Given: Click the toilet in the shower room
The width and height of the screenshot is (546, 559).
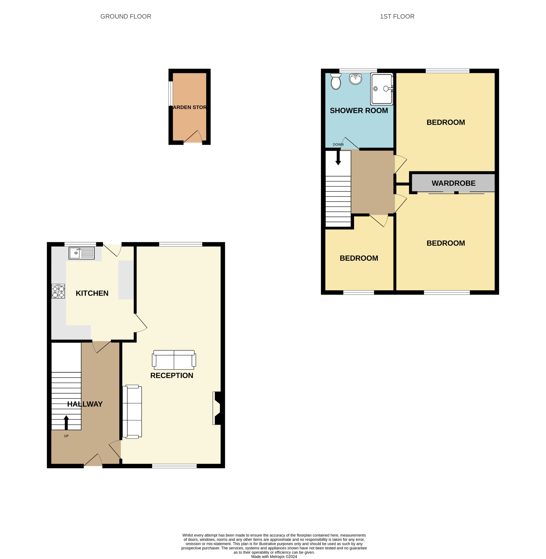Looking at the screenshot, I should [335, 81].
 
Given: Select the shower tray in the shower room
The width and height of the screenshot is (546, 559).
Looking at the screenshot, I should [381, 89].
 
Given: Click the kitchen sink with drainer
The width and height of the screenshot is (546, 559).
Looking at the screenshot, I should [81, 253].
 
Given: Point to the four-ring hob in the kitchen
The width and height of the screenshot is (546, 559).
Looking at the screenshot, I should [58, 291].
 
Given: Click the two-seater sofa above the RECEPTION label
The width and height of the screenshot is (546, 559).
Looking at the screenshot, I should [174, 360].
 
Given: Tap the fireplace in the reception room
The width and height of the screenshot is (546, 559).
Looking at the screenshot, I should [217, 408].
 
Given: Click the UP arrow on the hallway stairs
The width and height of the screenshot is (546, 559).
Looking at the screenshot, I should [66, 423].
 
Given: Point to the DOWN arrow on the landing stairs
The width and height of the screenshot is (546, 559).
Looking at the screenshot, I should [338, 158].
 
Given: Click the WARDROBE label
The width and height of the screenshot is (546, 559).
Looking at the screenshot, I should [453, 183].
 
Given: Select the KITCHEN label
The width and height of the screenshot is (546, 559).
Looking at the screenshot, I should [92, 293].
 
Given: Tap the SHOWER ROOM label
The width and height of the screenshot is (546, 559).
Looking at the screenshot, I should [359, 111].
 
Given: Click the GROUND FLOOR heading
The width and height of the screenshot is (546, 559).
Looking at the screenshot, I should [126, 17].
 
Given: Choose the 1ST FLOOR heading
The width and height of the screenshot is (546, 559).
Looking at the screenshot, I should [397, 17].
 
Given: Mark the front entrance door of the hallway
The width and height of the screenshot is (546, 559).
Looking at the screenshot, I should [92, 461].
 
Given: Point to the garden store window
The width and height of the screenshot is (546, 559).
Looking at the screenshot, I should [171, 93].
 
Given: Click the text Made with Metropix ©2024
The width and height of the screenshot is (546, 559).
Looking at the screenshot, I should [274, 556].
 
